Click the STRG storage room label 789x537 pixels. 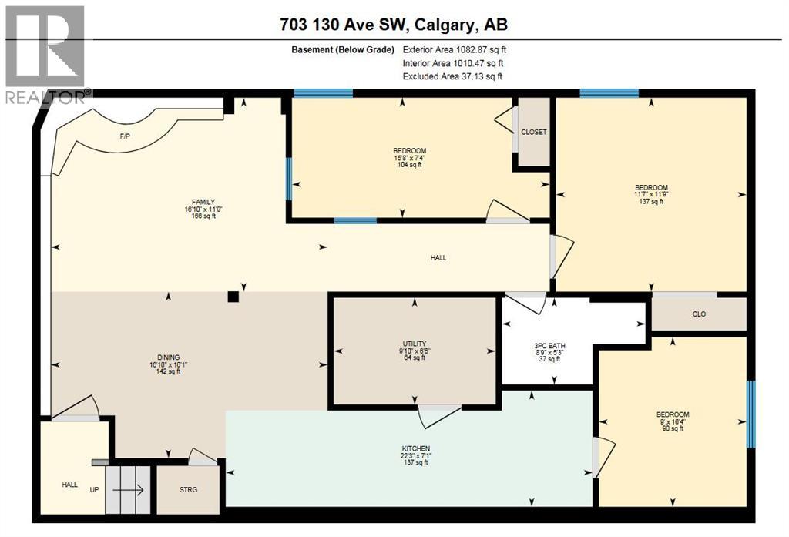click(x=188, y=489)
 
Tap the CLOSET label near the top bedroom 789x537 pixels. click(x=533, y=132)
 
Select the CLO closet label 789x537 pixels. click(x=699, y=314)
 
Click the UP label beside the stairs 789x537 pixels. click(x=94, y=489)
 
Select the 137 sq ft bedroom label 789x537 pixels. click(x=651, y=195)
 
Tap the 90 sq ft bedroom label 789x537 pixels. click(x=673, y=421)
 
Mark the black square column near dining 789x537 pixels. click(x=233, y=296)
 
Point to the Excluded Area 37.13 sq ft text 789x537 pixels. click(x=452, y=76)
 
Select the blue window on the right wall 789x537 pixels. click(x=751, y=403)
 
